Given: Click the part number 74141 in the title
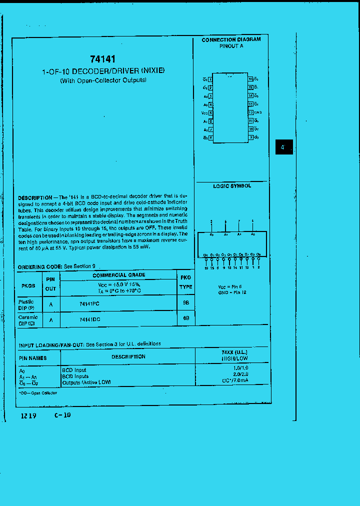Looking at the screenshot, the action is [103, 59].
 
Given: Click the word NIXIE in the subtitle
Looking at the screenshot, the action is [152, 71].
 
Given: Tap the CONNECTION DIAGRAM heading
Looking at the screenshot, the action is [231, 39].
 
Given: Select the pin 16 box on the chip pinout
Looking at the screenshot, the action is [250, 79].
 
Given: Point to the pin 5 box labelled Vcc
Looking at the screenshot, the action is [210, 113].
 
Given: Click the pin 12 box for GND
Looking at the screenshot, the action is [250, 112].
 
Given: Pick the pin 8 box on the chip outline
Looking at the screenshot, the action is [210, 137].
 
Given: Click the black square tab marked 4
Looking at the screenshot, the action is [283, 147].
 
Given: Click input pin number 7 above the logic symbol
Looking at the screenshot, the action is [239, 221].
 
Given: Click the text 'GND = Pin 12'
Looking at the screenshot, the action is [232, 291].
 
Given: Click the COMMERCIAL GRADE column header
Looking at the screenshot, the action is [118, 275].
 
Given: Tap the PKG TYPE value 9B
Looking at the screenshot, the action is [186, 303].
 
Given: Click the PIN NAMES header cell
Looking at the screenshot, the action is [33, 358].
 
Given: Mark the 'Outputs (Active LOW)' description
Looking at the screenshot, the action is [86, 382].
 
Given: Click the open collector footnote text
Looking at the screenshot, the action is [38, 393].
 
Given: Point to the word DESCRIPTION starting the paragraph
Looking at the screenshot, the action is [35, 198].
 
